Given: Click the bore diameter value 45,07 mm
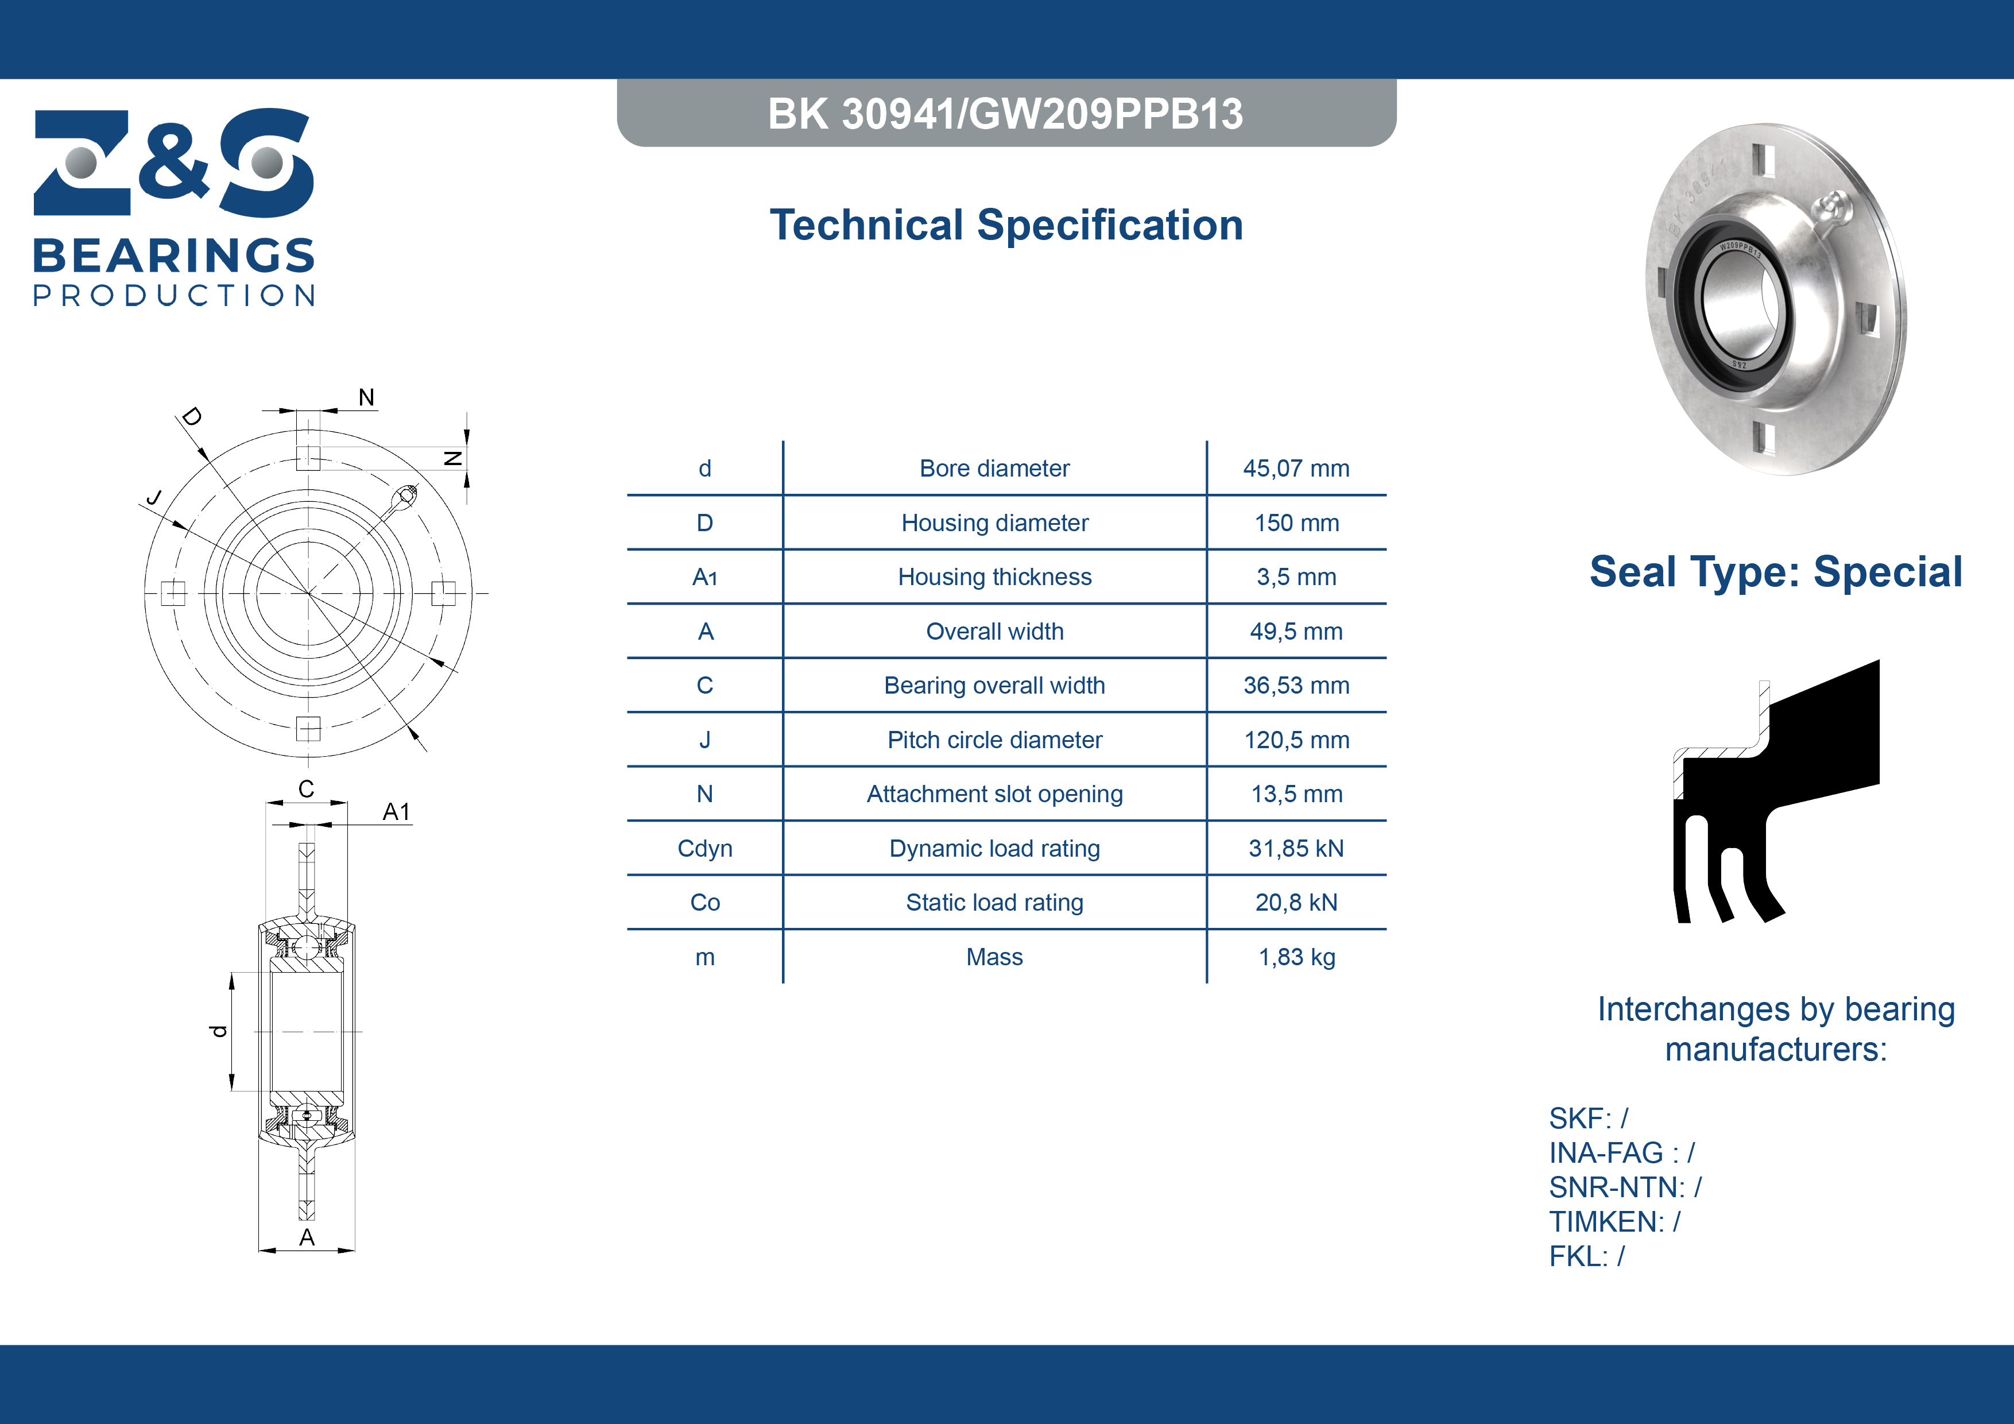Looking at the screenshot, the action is (1296, 469).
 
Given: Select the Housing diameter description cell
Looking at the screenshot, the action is (995, 523).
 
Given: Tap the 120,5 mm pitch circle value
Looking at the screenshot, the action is (1296, 740).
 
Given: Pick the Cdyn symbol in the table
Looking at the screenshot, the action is (704, 849).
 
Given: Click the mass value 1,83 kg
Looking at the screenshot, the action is (1296, 957).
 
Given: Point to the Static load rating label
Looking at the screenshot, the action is (995, 903).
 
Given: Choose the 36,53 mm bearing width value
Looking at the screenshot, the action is (1296, 685).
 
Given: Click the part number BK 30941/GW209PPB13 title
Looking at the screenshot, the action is (1005, 113).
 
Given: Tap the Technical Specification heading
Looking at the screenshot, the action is (1006, 225).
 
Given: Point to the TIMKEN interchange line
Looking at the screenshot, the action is (1614, 1221).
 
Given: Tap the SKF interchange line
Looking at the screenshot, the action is (1587, 1119).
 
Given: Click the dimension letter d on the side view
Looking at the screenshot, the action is (218, 1031).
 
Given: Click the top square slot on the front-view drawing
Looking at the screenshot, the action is (308, 457).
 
